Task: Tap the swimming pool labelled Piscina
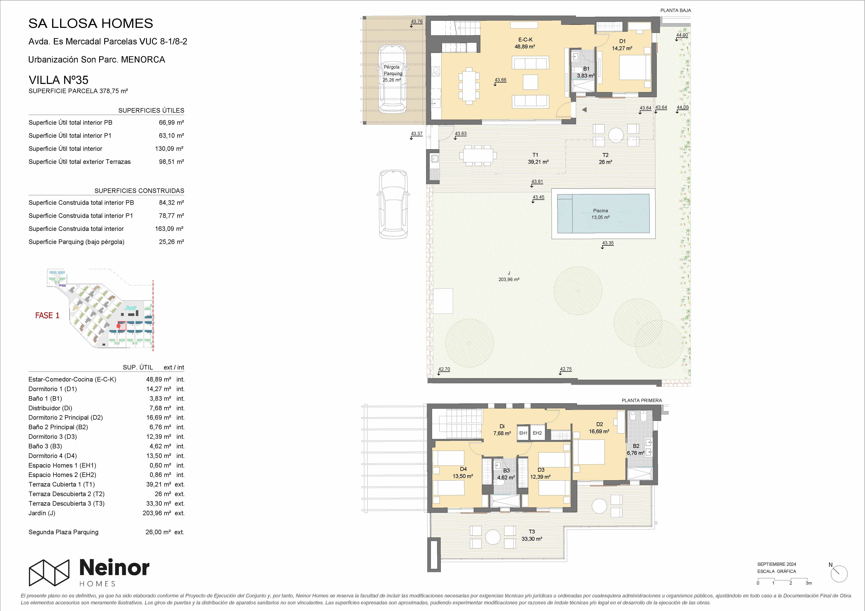[603, 213]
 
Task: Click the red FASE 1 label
[47, 316]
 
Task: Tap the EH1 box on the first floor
[523, 433]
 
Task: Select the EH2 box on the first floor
[537, 433]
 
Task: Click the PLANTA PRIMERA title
[642, 400]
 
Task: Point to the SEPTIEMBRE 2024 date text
[776, 564]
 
